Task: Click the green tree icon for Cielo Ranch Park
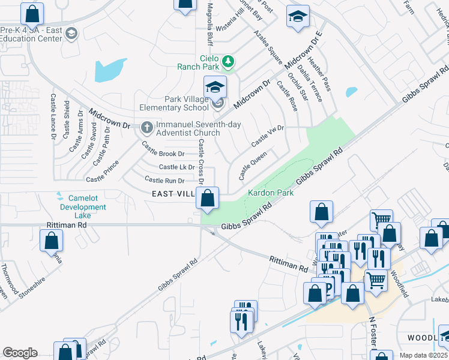[x=228, y=61]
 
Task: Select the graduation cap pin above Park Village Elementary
[x=215, y=88]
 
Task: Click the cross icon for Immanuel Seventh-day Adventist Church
[x=146, y=127]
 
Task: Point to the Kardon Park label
[x=270, y=193]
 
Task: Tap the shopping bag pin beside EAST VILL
[x=208, y=199]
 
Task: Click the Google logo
[x=20, y=353]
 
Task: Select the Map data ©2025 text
[x=423, y=355]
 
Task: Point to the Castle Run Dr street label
[x=164, y=180]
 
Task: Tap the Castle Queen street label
[x=253, y=166]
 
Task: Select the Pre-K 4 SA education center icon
[x=73, y=33]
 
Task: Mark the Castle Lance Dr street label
[x=53, y=116]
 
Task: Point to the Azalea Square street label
[x=268, y=47]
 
